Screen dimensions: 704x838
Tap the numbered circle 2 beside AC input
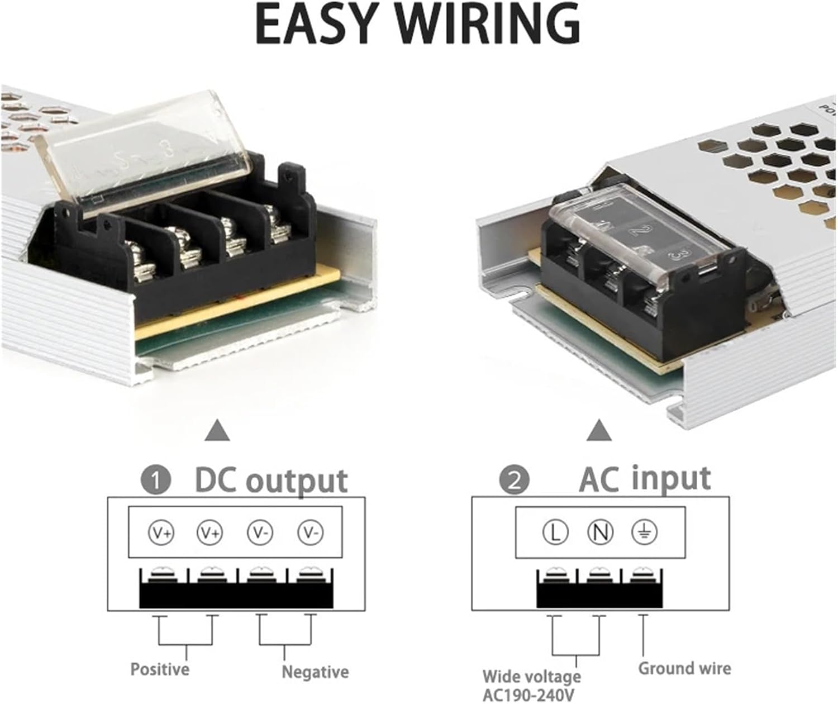tap(513, 481)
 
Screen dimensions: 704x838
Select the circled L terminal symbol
tap(555, 532)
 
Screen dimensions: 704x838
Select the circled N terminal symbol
tap(599, 532)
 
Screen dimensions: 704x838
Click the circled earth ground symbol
tap(644, 532)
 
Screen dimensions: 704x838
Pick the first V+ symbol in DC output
tap(161, 532)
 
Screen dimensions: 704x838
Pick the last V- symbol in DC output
tap(311, 532)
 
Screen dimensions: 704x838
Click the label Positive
tap(160, 669)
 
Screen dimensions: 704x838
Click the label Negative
tap(315, 671)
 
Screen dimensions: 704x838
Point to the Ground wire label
tap(684, 668)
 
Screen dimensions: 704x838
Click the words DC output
tap(271, 481)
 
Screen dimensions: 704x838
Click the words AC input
tap(645, 479)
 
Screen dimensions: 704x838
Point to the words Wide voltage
tap(532, 677)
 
